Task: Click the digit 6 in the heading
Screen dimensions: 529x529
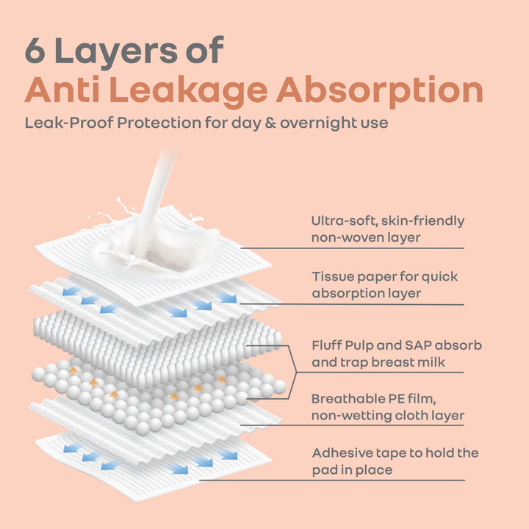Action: click(x=35, y=51)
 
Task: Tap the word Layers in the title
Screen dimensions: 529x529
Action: click(x=116, y=53)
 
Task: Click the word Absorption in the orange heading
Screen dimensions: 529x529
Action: click(x=380, y=90)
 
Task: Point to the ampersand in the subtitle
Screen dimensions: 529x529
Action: click(x=270, y=123)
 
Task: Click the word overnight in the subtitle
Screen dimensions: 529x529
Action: click(x=318, y=123)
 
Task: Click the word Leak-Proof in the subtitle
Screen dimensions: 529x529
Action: click(x=69, y=123)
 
